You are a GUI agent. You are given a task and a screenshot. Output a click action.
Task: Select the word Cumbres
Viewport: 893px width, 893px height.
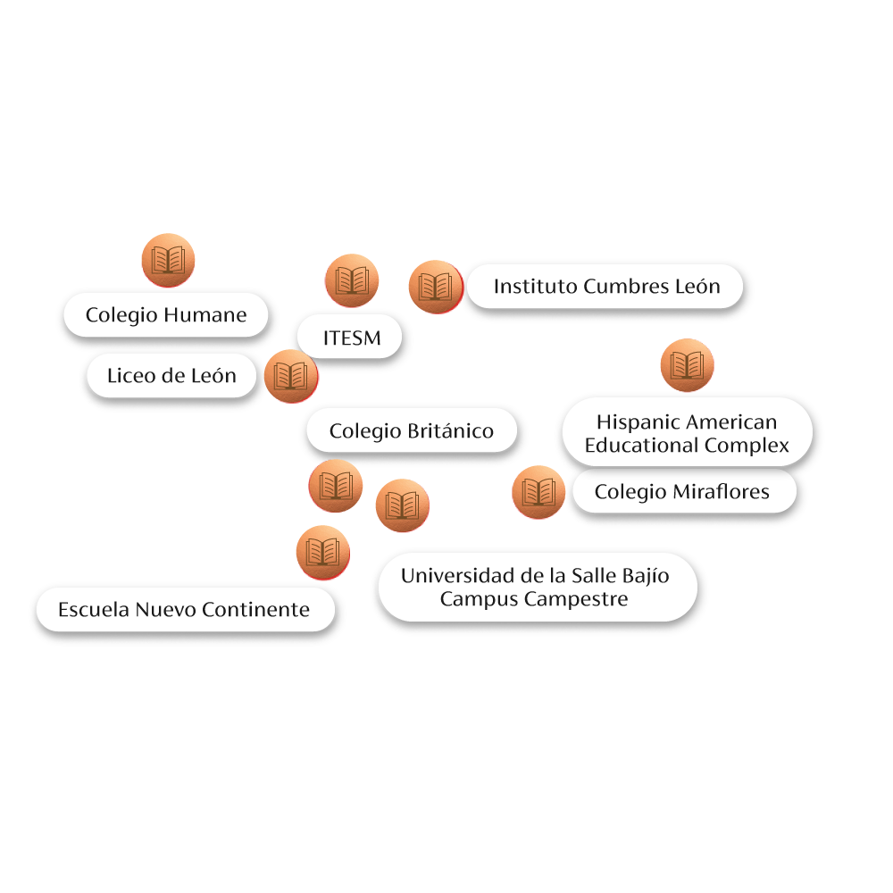click(x=622, y=287)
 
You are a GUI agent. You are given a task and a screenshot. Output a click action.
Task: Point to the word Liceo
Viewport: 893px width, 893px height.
click(x=130, y=376)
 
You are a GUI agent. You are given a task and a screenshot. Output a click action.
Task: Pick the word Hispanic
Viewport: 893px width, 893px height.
click(x=637, y=421)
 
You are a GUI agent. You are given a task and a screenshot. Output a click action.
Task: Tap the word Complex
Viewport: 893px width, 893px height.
click(x=748, y=445)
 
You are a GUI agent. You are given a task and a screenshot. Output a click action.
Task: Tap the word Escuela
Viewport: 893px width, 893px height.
click(x=94, y=610)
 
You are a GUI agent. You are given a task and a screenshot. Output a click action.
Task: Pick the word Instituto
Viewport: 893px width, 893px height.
click(x=534, y=287)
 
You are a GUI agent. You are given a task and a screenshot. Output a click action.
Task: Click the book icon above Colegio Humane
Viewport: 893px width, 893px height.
click(x=168, y=261)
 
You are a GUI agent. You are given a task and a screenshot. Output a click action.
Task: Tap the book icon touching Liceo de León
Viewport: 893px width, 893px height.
click(x=290, y=376)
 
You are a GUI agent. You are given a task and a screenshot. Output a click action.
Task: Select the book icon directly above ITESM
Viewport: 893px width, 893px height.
click(x=351, y=281)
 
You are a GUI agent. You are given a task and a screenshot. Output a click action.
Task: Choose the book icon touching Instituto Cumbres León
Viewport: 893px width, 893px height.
click(x=435, y=287)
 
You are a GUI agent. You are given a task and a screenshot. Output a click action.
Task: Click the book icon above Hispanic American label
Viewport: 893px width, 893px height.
click(x=687, y=365)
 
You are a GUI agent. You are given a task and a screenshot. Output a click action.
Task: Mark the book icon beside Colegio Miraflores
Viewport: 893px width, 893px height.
click(x=538, y=492)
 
